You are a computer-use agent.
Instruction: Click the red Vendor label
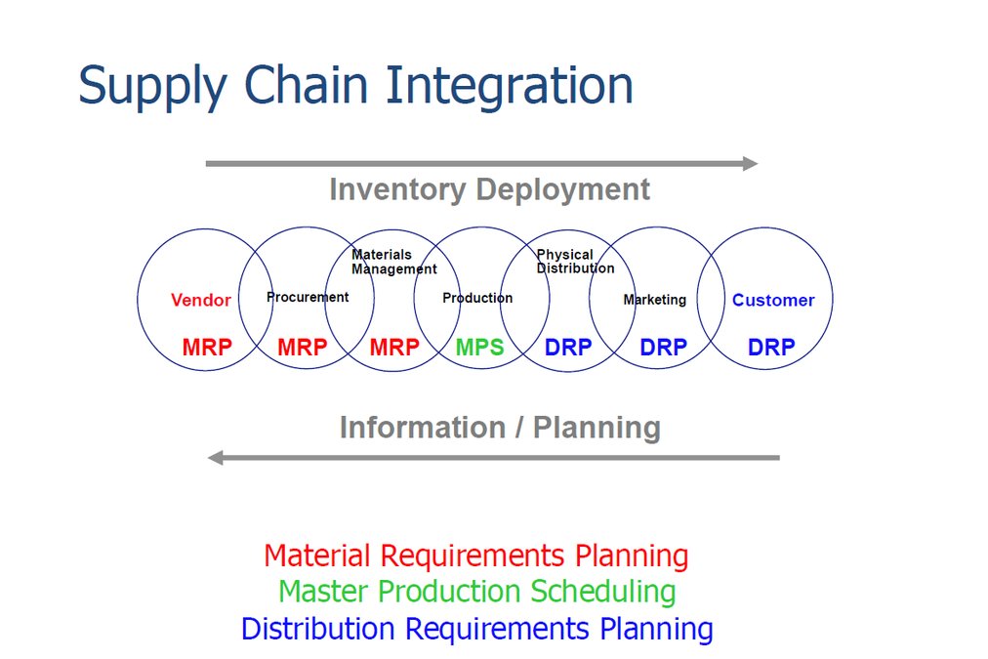pyautogui.click(x=201, y=301)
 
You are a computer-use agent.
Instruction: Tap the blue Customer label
pyautogui.click(x=773, y=301)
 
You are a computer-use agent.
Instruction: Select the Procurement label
pyautogui.click(x=308, y=297)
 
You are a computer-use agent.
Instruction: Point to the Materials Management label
pyautogui.click(x=393, y=262)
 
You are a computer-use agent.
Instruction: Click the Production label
pyautogui.click(x=477, y=298)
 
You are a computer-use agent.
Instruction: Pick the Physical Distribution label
pyautogui.click(x=575, y=262)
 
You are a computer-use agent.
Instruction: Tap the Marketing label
pyautogui.click(x=654, y=300)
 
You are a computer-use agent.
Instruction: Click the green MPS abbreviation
pyautogui.click(x=480, y=347)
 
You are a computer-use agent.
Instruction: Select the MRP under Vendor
pyautogui.click(x=207, y=347)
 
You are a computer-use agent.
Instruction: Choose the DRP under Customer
pyautogui.click(x=771, y=347)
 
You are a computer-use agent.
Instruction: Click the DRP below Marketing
pyautogui.click(x=664, y=347)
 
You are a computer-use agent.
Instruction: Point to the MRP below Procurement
pyautogui.click(x=303, y=347)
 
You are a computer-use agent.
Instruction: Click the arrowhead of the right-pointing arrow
pyautogui.click(x=750, y=163)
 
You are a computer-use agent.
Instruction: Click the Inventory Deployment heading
pyautogui.click(x=489, y=189)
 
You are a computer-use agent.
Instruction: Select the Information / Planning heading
pyautogui.click(x=500, y=428)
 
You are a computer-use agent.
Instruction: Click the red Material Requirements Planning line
pyautogui.click(x=476, y=556)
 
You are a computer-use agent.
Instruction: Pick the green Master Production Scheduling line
pyautogui.click(x=476, y=592)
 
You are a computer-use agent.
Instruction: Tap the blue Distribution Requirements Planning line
pyautogui.click(x=476, y=628)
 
